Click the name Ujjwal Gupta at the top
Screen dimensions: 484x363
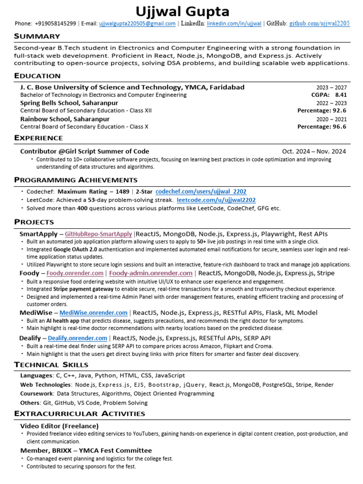(x=182, y=11)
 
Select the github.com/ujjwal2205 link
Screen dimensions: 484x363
(x=320, y=24)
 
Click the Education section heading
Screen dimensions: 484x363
(x=37, y=76)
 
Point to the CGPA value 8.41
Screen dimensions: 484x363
(x=341, y=95)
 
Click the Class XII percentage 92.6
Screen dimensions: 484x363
(x=339, y=111)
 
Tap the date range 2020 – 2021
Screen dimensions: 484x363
(x=331, y=119)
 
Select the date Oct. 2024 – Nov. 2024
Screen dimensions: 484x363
(x=314, y=151)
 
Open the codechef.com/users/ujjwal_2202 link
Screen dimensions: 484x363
(x=201, y=192)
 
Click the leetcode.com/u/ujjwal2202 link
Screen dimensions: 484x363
(x=216, y=200)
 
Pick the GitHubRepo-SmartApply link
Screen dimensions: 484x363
(x=98, y=234)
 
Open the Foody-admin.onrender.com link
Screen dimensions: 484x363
(x=151, y=273)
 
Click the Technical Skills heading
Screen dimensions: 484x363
(x=51, y=364)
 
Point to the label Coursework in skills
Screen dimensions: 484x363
(x=36, y=393)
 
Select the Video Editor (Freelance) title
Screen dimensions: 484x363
(x=59, y=426)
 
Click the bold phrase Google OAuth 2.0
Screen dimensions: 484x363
(x=75, y=249)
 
